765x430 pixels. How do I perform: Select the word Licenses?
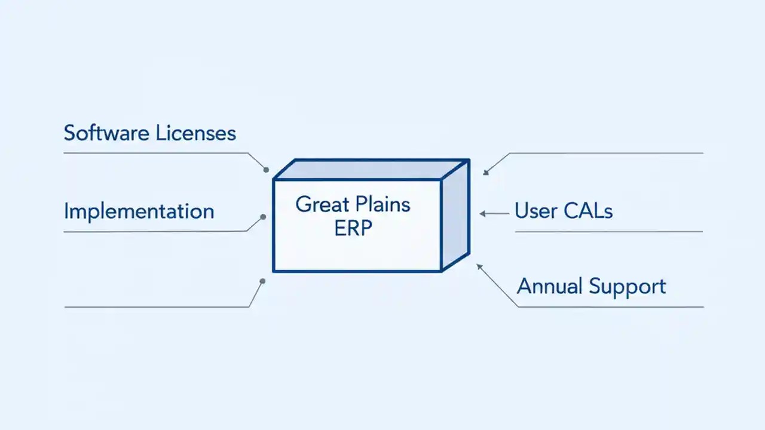pyautogui.click(x=196, y=133)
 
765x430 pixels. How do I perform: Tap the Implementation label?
pyautogui.click(x=139, y=211)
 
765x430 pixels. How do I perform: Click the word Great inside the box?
pyautogui.click(x=322, y=205)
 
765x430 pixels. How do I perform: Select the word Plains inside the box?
pyautogui.click(x=382, y=205)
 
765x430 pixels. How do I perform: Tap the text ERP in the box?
pyautogui.click(x=353, y=229)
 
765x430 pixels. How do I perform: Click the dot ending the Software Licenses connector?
pyautogui.click(x=266, y=170)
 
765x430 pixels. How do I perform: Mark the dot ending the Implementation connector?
pyautogui.click(x=262, y=217)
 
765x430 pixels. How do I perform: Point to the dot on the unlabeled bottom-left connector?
pyautogui.click(x=262, y=281)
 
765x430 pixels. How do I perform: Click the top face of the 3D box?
pyautogui.click(x=371, y=169)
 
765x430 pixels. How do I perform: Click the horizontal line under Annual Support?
pyautogui.click(x=610, y=307)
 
